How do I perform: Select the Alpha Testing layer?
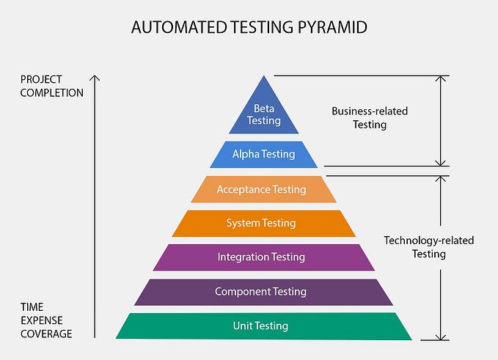point(263,155)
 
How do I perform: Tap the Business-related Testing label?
point(370,118)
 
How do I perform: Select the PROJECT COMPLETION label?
point(51,86)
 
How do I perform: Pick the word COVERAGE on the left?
point(46,334)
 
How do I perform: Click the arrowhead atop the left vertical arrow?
point(95,77)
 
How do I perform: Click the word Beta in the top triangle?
point(263,108)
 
